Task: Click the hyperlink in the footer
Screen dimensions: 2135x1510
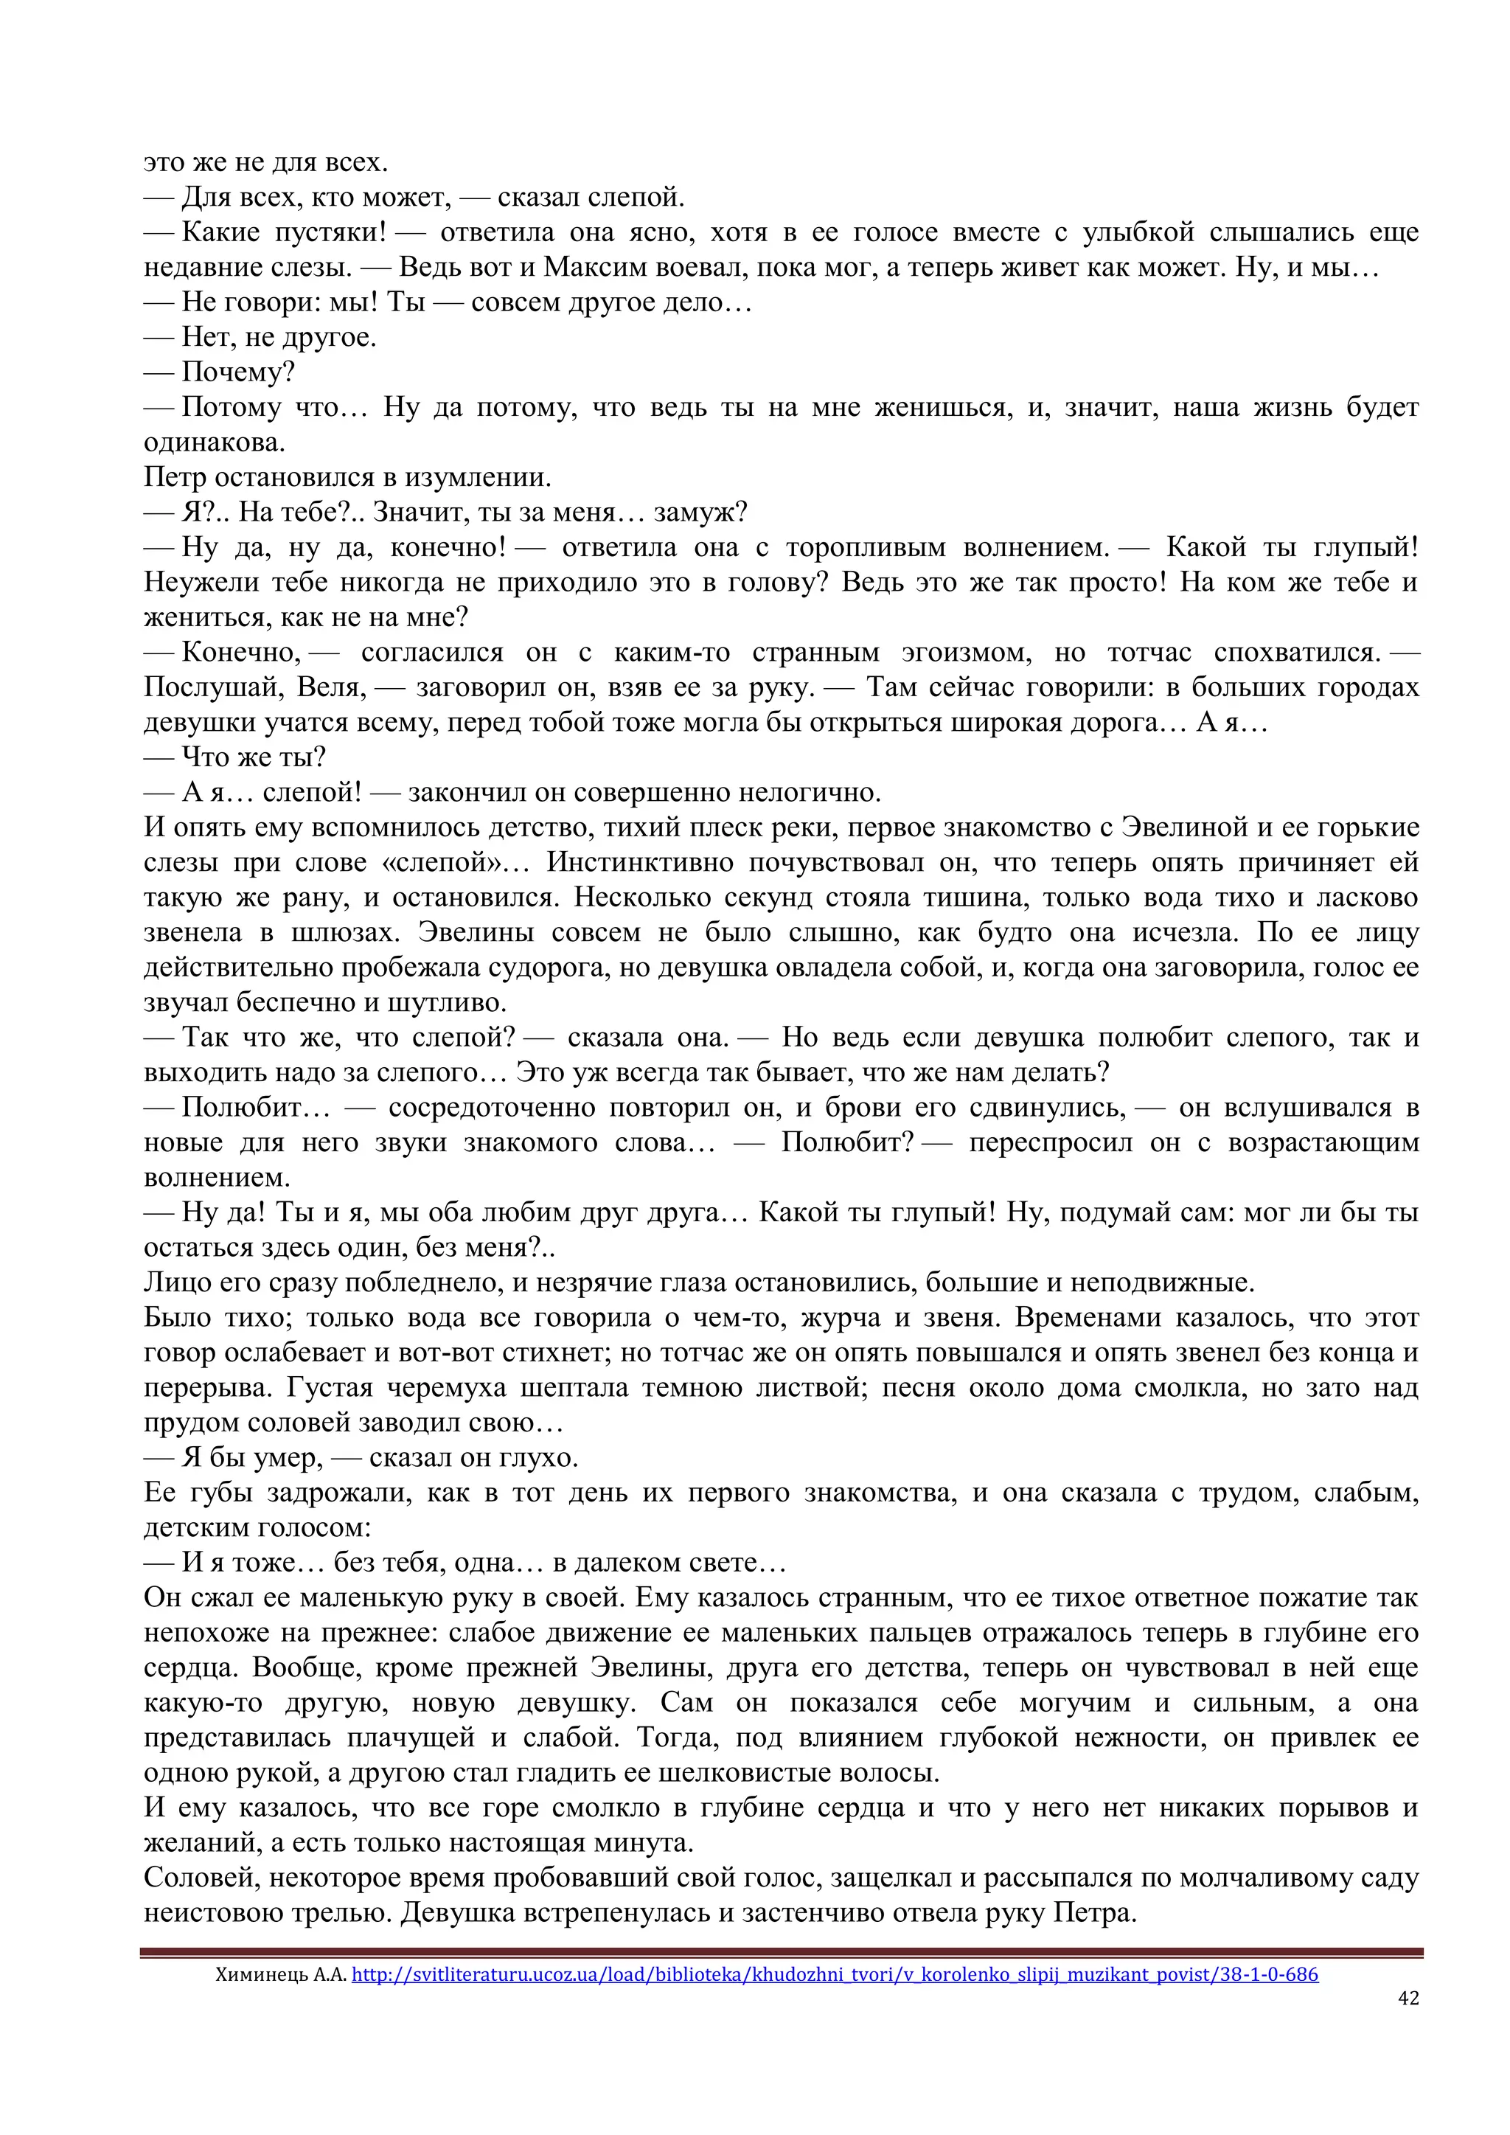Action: tap(834, 1974)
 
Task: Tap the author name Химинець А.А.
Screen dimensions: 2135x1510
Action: tap(281, 1974)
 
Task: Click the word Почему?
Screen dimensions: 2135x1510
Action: tap(238, 372)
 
